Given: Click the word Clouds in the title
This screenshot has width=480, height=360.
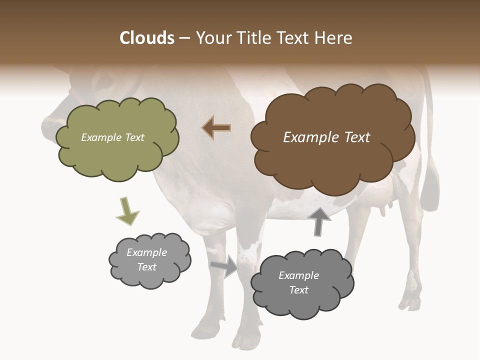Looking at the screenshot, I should [147, 38].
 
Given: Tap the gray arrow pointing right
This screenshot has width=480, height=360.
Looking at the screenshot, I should [224, 265].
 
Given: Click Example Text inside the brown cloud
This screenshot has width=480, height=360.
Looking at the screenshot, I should [326, 137].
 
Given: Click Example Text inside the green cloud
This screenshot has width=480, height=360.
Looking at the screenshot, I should [112, 137].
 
